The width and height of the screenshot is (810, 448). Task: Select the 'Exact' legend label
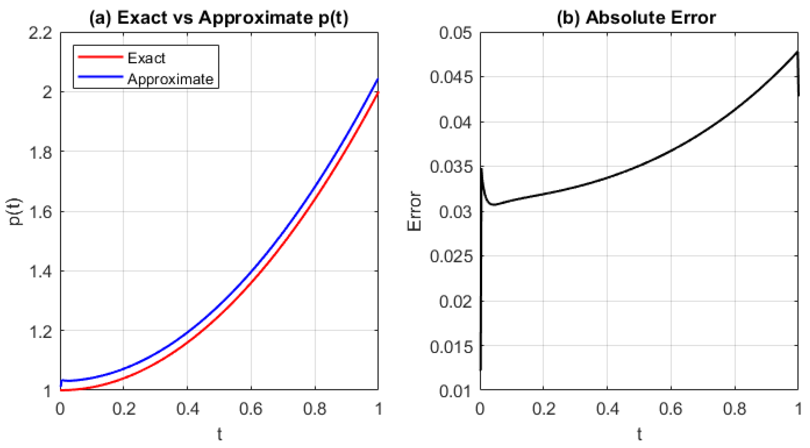click(146, 58)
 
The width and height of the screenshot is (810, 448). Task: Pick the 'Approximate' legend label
click(170, 79)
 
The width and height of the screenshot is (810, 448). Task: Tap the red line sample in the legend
click(100, 57)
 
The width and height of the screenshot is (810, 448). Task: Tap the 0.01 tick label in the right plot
click(455, 391)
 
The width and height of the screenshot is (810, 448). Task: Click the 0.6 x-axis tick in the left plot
click(251, 409)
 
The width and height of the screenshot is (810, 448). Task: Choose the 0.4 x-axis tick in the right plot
click(607, 409)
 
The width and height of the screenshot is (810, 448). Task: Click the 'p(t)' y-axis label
click(16, 212)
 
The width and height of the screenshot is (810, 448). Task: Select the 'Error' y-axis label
click(414, 211)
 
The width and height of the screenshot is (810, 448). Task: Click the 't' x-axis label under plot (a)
click(219, 435)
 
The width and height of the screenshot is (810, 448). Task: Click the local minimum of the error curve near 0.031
click(494, 205)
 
